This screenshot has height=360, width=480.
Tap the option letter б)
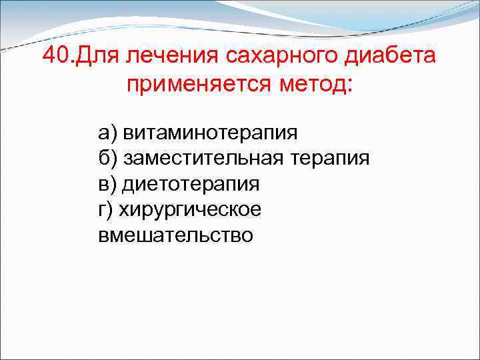point(107,158)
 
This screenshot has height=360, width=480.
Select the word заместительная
point(204,158)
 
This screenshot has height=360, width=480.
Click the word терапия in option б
point(330,158)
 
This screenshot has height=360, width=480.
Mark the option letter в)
point(107,184)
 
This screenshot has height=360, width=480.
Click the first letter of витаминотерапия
point(129,133)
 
